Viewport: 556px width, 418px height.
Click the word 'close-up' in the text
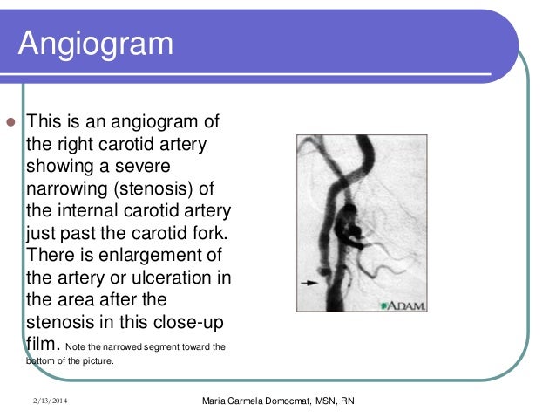point(191,325)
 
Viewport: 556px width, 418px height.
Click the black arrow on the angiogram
point(308,283)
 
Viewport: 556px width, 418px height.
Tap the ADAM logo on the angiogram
point(403,305)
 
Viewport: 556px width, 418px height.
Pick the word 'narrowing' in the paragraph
point(69,188)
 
